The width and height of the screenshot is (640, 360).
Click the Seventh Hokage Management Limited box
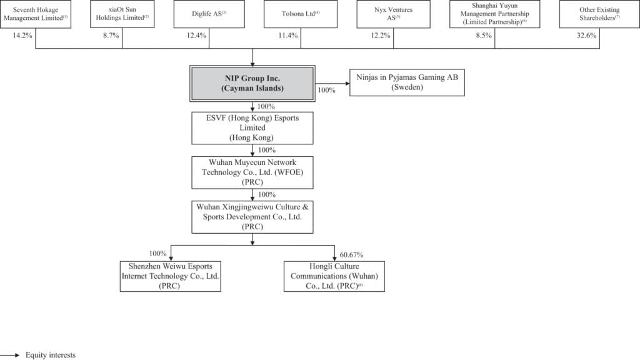coord(36,14)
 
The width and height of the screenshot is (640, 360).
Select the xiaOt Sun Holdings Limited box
coord(122,14)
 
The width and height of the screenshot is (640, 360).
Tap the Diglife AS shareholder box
coord(209,14)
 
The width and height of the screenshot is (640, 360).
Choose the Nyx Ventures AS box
coord(393,14)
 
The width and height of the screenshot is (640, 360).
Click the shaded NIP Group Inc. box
coord(252,83)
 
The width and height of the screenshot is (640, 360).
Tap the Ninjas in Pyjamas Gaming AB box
coord(407,83)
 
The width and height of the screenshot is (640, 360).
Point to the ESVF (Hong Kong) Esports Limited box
coord(252,128)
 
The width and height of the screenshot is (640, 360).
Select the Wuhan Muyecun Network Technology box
coord(252,172)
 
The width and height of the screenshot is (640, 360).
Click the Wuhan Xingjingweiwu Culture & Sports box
coord(252,216)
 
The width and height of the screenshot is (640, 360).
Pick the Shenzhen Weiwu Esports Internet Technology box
coord(172,276)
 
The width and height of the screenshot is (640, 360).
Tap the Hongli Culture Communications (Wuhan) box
coord(334,276)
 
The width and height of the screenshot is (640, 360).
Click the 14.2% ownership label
coord(22,36)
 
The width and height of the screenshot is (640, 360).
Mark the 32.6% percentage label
coord(586,36)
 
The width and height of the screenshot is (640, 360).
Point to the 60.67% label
coord(351,254)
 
